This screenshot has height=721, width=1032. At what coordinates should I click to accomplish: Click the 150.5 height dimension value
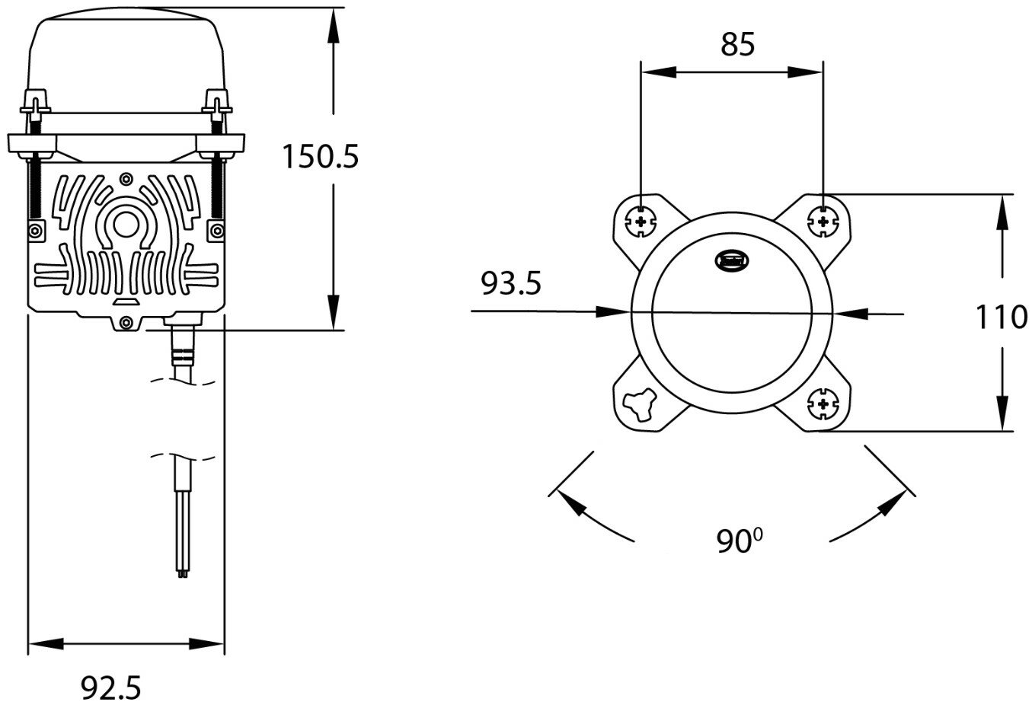319,157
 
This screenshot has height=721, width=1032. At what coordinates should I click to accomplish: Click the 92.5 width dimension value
111,689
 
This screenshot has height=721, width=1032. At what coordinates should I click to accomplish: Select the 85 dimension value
737,45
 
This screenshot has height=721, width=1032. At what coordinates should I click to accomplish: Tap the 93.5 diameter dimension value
510,284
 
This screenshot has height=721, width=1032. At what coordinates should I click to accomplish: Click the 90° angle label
739,541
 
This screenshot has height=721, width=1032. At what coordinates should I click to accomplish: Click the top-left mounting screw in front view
642,222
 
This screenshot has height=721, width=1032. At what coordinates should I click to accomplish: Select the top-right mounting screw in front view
823,222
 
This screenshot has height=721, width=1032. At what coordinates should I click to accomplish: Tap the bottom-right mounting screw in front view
823,404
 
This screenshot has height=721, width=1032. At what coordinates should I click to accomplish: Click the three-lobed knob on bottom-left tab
640,404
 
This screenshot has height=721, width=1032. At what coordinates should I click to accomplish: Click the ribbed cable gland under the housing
183,356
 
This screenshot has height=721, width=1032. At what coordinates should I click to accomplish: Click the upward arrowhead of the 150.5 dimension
333,23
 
